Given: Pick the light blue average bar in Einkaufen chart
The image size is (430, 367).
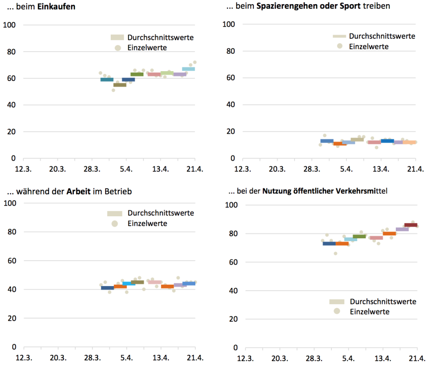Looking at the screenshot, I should point(188,69).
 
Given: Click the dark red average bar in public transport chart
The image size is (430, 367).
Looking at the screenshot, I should point(411,225).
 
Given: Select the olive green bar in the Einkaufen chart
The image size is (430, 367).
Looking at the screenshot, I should point(137,74).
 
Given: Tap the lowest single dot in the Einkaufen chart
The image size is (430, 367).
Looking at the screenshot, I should point(113,90).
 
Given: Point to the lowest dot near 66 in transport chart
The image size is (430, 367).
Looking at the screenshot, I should point(335,253).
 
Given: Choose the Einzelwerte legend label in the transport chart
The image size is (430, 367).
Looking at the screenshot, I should point(370,312).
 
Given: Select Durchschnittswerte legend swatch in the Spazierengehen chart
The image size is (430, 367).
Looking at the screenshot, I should point(339,36).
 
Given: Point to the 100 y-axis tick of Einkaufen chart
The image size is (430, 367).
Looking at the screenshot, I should point(10,24).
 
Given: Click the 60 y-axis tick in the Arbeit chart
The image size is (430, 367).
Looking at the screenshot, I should point(12,260).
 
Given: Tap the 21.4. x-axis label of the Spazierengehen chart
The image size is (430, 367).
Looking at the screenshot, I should point(416,169).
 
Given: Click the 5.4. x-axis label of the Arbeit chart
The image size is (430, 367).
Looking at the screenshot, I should point(126,358).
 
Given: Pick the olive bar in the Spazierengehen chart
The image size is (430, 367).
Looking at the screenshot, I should point(357,139).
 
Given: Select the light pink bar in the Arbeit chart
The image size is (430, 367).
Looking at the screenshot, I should point(155,282).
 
